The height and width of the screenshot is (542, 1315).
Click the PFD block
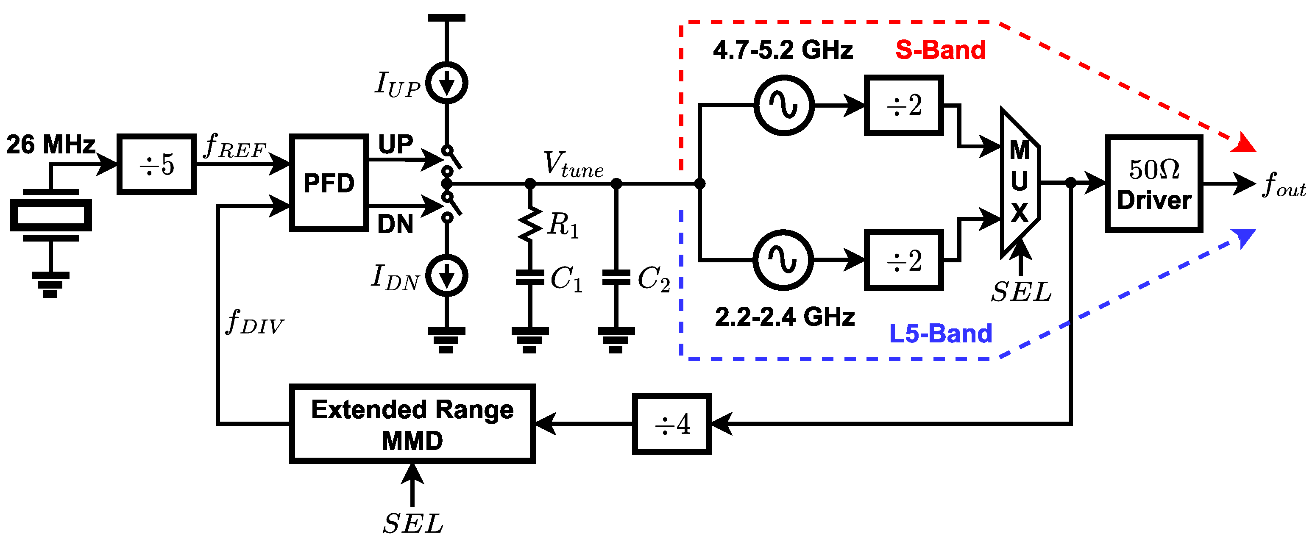pos(329,183)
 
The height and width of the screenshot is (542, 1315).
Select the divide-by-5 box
pos(156,164)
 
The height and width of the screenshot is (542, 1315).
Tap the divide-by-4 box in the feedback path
pos(671,424)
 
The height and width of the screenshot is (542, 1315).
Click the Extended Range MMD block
pos(412,424)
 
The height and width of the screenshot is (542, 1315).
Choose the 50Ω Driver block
pos(1153,184)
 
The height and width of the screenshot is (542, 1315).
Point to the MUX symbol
pos(1019,182)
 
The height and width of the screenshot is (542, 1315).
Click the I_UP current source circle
pos(447,83)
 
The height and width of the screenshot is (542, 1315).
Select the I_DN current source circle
pos(447,275)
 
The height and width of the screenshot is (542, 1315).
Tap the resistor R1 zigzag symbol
pos(530,223)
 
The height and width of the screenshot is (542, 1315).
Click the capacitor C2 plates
pos(616,278)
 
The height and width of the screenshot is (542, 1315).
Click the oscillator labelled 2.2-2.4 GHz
pos(783,260)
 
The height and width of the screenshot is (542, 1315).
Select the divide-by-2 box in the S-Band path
pos(903,105)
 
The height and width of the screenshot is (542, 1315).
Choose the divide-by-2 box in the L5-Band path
pos(903,260)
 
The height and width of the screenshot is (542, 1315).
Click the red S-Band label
pos(940,50)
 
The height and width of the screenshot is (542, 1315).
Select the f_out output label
pos(1283,185)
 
